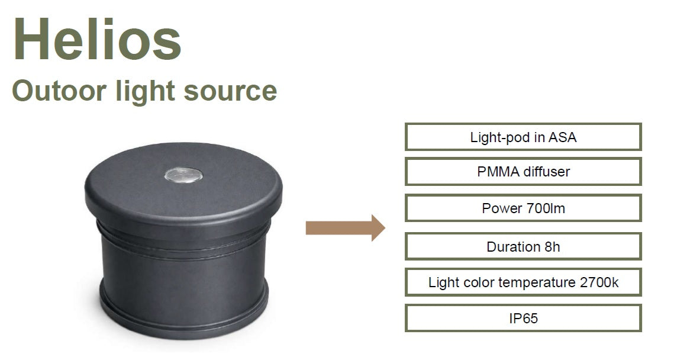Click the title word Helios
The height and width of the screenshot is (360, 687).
tap(97, 40)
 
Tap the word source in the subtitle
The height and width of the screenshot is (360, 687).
tap(230, 91)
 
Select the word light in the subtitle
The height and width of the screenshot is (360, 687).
tap(145, 92)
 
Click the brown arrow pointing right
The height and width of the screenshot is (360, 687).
tap(345, 228)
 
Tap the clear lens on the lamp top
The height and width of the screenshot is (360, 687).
tap(183, 175)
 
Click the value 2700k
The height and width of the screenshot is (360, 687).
tap(599, 282)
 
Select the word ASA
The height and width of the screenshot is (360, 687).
tap(563, 137)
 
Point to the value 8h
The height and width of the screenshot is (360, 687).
tap(552, 246)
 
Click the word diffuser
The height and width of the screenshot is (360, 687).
tap(547, 172)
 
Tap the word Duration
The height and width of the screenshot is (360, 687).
tap(513, 246)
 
